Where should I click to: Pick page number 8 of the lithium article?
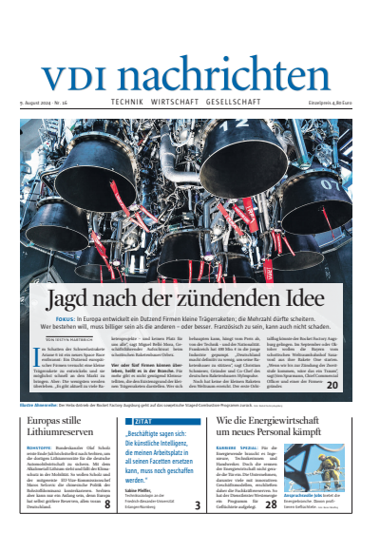(x=107, y=505)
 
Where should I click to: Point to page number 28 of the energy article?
(x=271, y=505)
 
